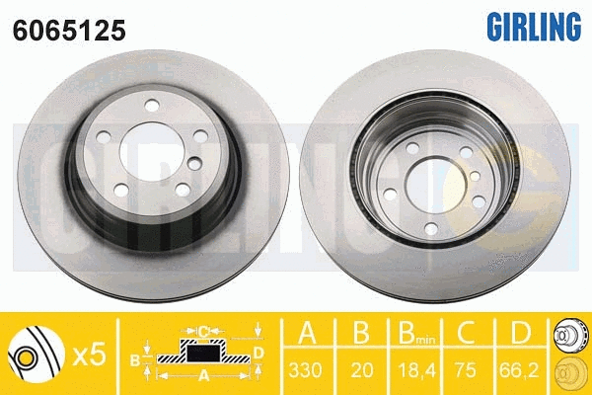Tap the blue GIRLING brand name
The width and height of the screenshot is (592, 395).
click(x=531, y=28)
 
